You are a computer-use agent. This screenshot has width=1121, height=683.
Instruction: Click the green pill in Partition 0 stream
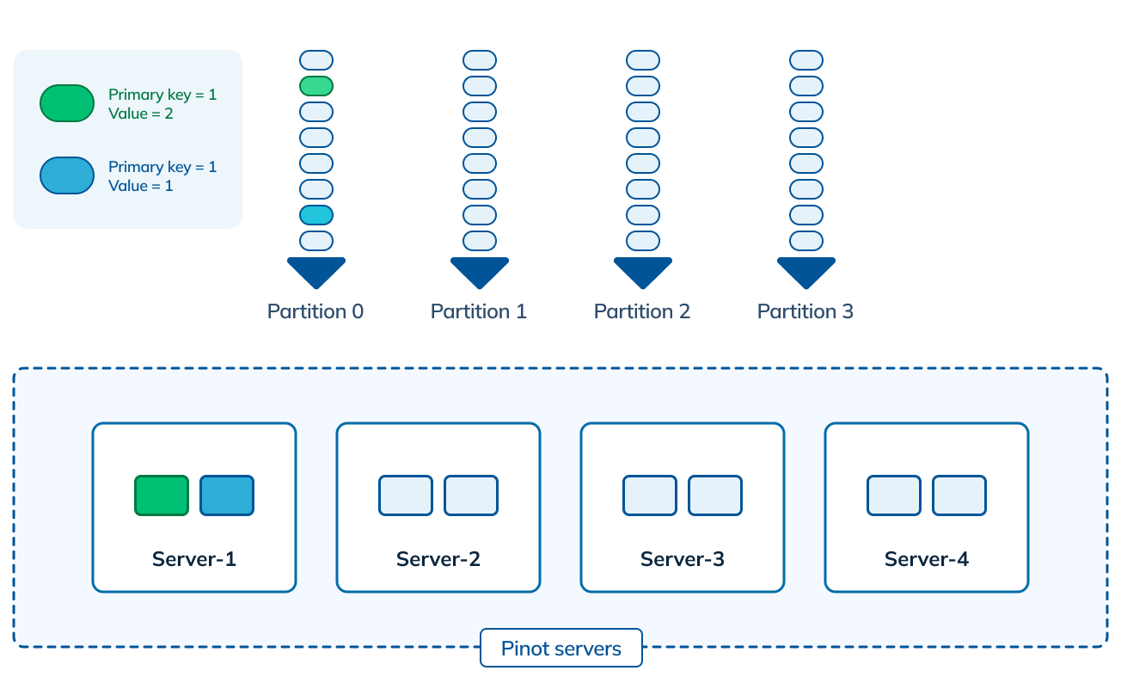pos(316,86)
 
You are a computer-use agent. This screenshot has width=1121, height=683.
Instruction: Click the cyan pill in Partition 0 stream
pos(316,215)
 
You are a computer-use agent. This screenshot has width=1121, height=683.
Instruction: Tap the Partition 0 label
pos(315,311)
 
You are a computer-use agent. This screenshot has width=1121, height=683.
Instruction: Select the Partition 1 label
pos(479,311)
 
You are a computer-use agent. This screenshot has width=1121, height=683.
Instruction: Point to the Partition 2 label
pos(642,311)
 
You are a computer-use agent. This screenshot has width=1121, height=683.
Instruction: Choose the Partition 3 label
pos(806,311)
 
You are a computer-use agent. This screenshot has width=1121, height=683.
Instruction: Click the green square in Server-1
pos(162,495)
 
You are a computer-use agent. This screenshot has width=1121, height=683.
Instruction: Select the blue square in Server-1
pos(227,495)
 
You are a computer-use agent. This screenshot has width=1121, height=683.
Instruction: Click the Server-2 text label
pos(438,559)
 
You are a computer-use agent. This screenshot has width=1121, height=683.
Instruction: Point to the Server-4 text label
pos(927,559)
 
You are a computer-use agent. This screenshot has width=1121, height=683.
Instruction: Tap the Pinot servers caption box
pos(561,649)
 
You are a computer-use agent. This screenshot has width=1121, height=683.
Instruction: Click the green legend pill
pos(67,103)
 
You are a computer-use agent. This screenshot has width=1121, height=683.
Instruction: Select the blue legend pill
pos(67,175)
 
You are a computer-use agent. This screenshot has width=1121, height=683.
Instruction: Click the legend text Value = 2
pos(141,114)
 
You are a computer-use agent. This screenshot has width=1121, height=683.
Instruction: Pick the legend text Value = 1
pos(141,186)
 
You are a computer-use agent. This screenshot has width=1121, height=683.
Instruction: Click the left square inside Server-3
pos(650,495)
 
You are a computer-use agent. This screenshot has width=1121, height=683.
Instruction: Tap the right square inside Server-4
pos(959,495)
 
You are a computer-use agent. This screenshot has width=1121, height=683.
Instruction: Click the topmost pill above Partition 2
pos(643,60)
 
